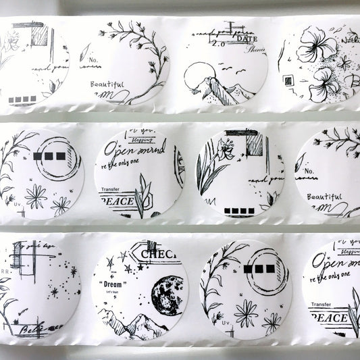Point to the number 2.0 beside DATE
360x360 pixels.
tap(218, 43)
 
